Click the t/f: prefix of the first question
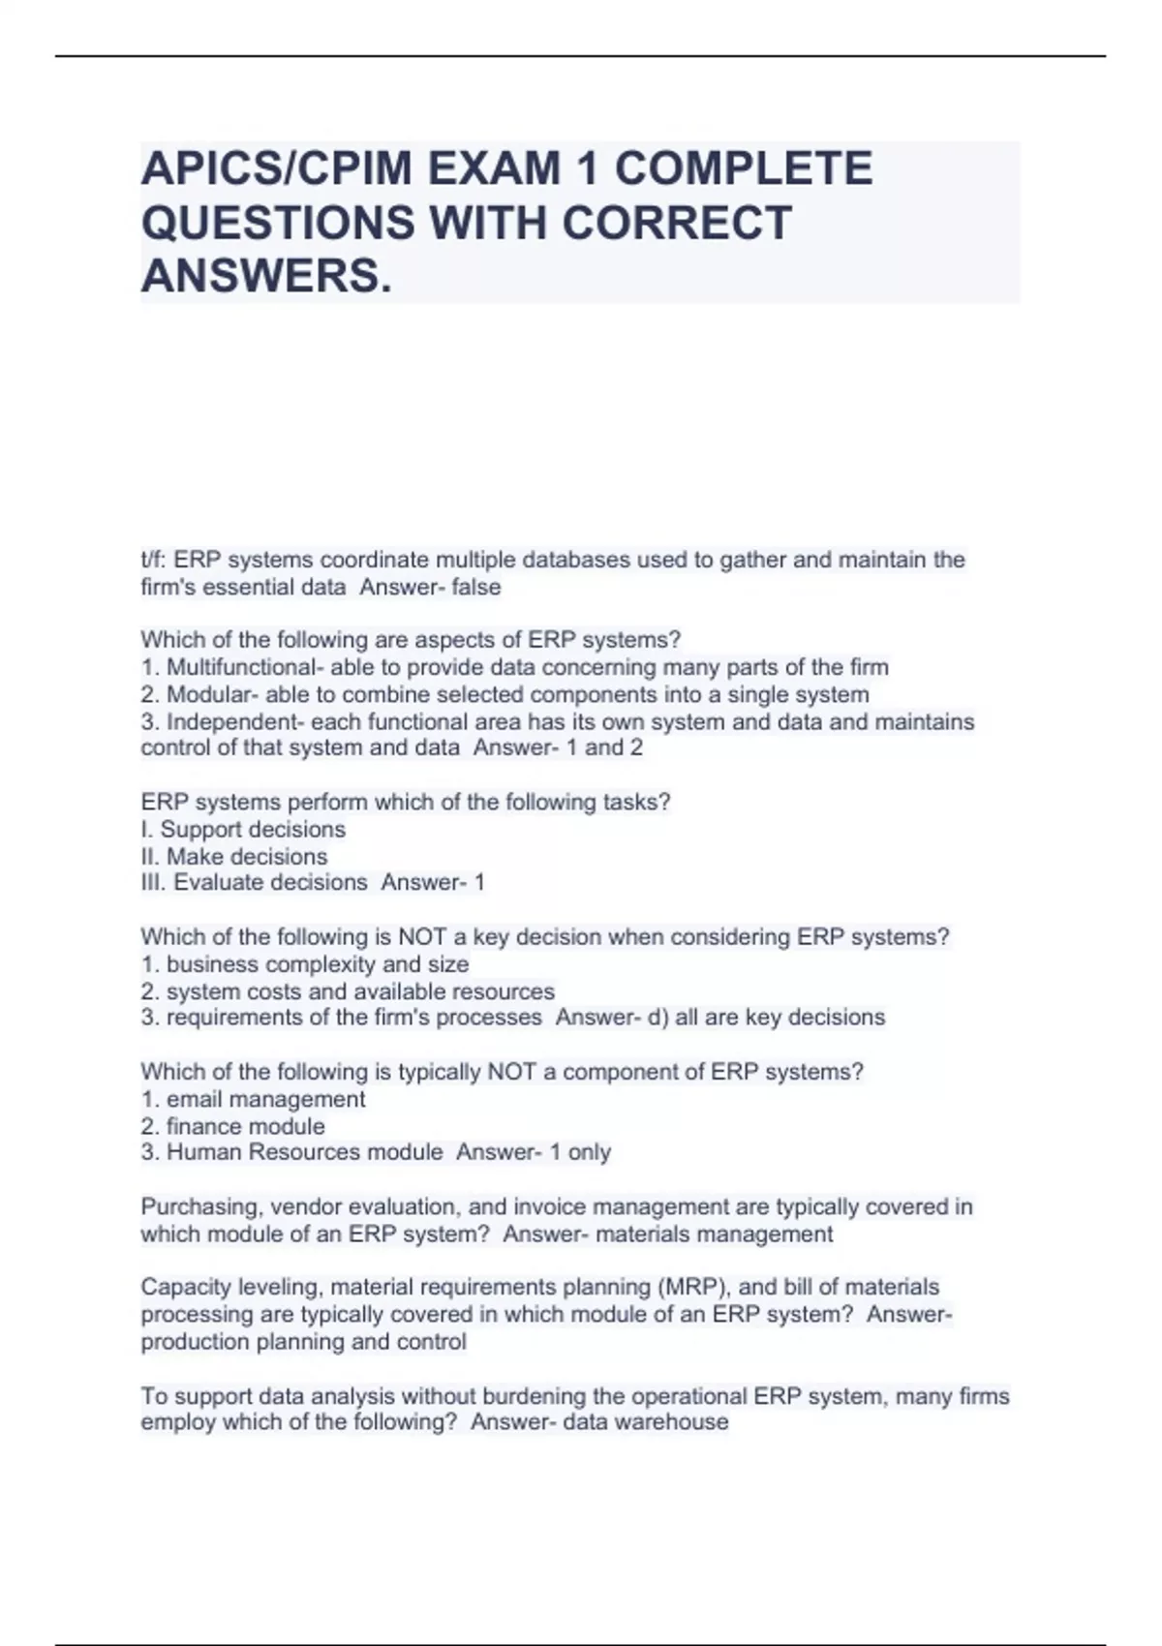click(x=154, y=560)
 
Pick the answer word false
click(x=476, y=587)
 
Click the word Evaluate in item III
click(x=219, y=882)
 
